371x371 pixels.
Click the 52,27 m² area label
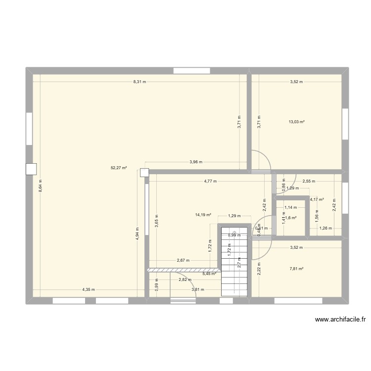coord(119,168)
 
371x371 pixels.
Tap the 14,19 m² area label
coord(203,215)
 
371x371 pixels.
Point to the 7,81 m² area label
coord(297,269)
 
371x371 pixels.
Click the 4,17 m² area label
coord(317,200)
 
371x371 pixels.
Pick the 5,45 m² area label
coord(209,273)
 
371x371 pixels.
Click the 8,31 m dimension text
coord(139,82)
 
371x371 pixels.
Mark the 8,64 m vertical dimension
coord(41,185)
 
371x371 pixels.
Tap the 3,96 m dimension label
coord(196,162)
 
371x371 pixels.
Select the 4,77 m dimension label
coord(210,181)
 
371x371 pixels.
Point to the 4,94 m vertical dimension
coord(137,233)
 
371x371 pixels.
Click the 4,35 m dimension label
coord(89,290)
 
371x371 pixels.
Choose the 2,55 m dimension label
coord(309,181)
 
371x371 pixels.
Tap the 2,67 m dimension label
coord(183,261)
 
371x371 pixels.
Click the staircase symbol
coord(234,262)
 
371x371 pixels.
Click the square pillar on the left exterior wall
coord(30,169)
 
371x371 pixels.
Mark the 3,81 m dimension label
coord(198,290)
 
